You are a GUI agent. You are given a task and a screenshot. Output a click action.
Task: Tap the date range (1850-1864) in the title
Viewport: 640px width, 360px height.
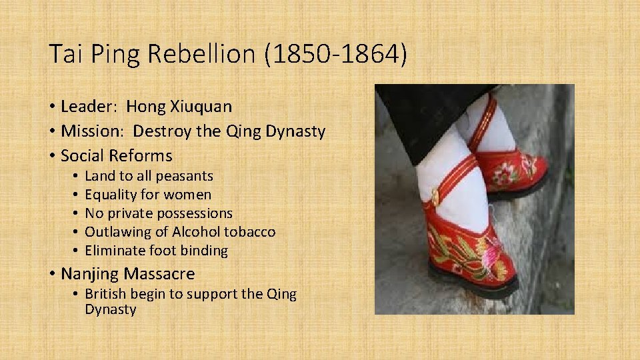[335, 54]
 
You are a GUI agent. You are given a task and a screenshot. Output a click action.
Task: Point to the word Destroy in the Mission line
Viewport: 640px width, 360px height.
[163, 131]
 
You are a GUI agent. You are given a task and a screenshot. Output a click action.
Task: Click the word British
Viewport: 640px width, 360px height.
[107, 294]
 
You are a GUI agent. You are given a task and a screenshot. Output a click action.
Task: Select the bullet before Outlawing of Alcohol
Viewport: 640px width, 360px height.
[77, 232]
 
